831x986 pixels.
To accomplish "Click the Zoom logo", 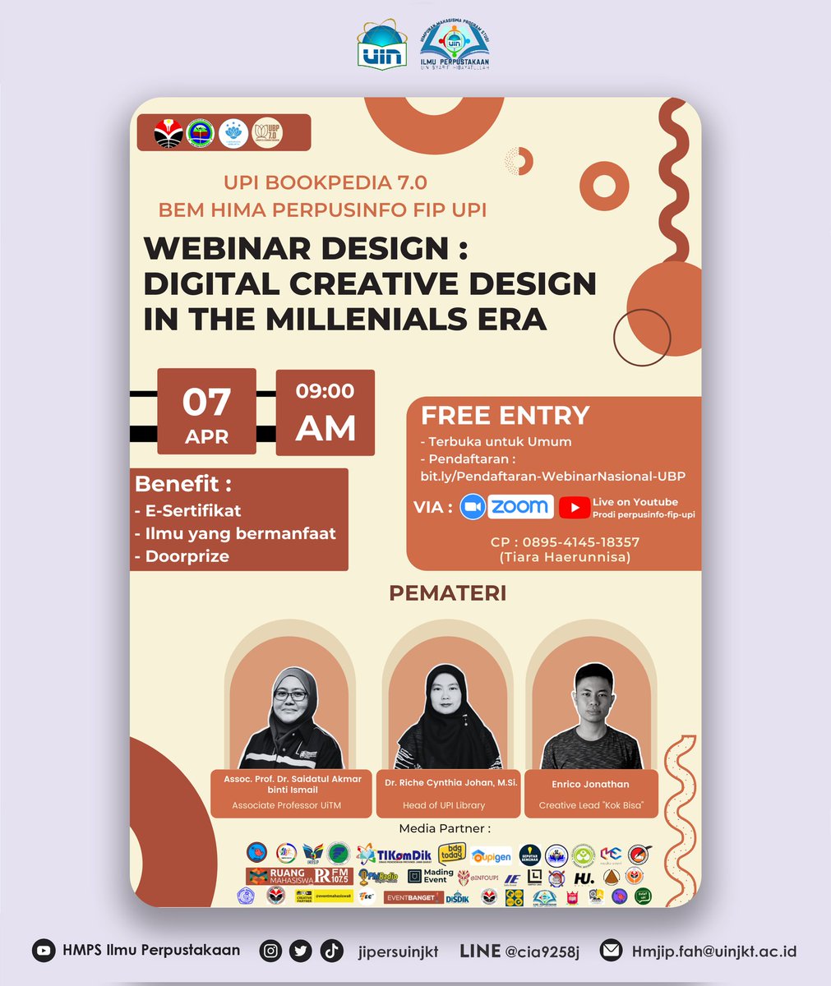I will click(x=506, y=506).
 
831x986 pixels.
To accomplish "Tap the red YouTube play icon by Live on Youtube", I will click(x=574, y=508).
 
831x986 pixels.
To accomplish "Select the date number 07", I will click(x=206, y=402).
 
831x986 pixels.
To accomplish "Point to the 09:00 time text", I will click(x=325, y=392).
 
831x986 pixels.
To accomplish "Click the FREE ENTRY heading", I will click(x=506, y=415).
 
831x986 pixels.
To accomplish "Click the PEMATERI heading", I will click(x=447, y=592).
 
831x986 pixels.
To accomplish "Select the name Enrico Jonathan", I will click(x=591, y=785).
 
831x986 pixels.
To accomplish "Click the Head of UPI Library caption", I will click(x=444, y=805).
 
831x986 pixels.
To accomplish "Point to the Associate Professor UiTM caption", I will click(x=287, y=805).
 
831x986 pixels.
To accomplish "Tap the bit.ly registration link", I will click(x=552, y=477).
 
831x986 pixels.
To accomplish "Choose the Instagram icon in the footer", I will click(x=270, y=951).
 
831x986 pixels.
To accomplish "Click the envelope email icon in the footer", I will click(x=611, y=951).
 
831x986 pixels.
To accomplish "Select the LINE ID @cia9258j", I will click(x=542, y=951).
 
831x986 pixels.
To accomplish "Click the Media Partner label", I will click(x=445, y=828).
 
